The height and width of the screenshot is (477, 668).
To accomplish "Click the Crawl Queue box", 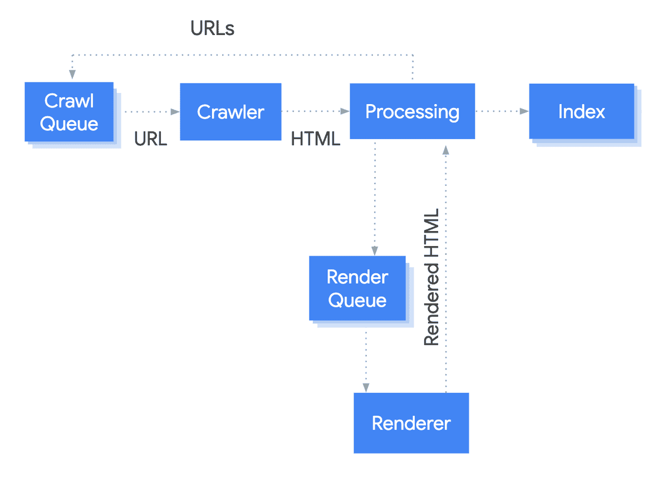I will pyautogui.click(x=69, y=112).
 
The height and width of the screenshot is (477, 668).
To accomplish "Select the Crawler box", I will pyautogui.click(x=230, y=112).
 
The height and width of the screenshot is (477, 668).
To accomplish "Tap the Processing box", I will pyautogui.click(x=412, y=111).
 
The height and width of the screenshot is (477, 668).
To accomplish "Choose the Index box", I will pyautogui.click(x=581, y=111).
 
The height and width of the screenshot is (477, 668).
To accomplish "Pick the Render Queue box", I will pyautogui.click(x=357, y=288).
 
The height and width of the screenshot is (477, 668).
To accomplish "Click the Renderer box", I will pyautogui.click(x=411, y=423).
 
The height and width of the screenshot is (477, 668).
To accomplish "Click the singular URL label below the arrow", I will pyautogui.click(x=150, y=139).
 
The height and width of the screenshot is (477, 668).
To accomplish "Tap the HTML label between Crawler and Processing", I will pyautogui.click(x=315, y=139).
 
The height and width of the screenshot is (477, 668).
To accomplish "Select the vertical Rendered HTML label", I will pyautogui.click(x=432, y=277).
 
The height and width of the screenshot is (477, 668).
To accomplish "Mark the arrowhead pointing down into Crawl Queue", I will pyautogui.click(x=71, y=75).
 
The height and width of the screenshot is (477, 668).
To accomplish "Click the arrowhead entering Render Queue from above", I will pyautogui.click(x=375, y=250).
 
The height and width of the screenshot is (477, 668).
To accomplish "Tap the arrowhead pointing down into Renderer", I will pyautogui.click(x=366, y=387).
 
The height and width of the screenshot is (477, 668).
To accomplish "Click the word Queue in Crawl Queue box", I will pyautogui.click(x=69, y=124).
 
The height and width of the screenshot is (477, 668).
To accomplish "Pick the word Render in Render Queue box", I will pyautogui.click(x=357, y=277).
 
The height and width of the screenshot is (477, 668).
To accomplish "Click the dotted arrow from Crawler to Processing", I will pyautogui.click(x=315, y=111).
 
